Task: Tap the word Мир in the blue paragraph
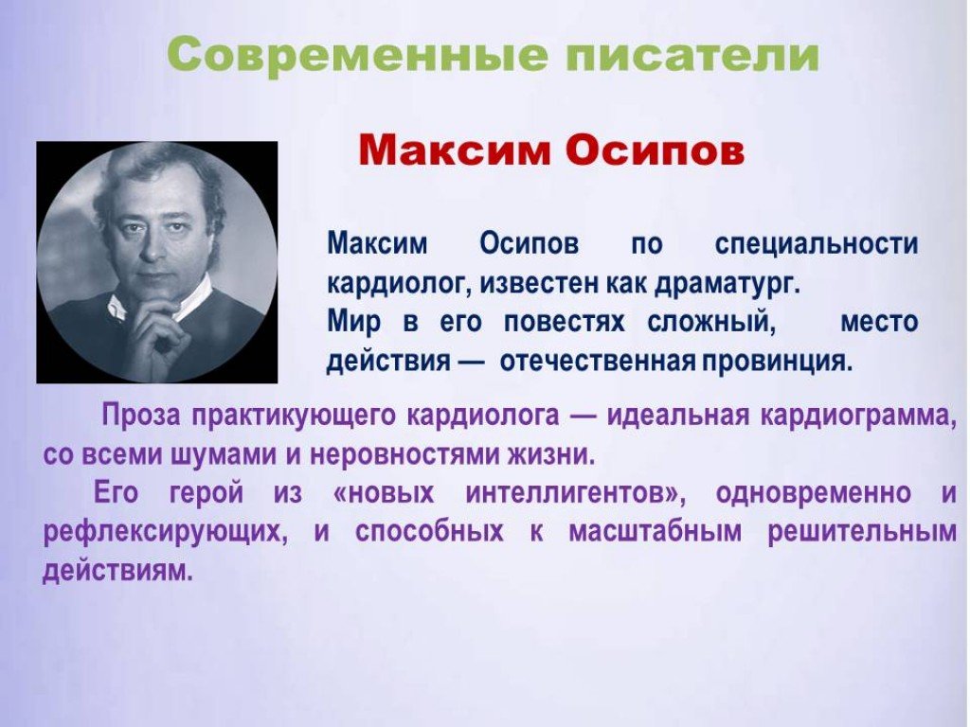coord(353,323)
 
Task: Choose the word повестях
coord(564,323)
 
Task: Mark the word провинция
coord(777,362)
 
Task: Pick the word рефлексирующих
coord(165,533)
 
